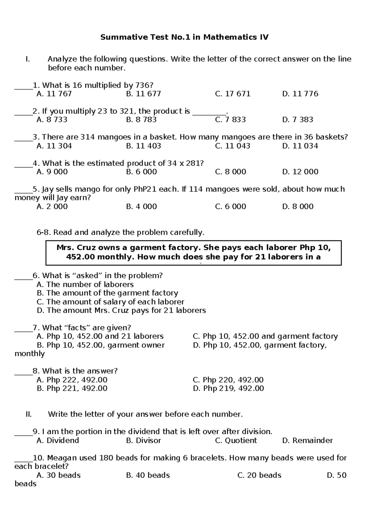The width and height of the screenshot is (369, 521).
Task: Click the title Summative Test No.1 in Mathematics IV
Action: point(184,37)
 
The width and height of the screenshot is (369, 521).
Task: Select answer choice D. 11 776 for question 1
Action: point(300,94)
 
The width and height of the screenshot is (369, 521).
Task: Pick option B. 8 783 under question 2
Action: point(141,119)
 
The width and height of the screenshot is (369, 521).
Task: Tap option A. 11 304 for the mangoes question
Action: point(54,146)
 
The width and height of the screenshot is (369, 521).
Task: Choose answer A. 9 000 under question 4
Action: point(52,172)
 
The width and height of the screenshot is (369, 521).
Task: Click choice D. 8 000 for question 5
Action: point(297,206)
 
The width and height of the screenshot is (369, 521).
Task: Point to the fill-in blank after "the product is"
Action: point(209,114)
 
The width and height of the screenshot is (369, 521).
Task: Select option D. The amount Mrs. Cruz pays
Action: point(121,311)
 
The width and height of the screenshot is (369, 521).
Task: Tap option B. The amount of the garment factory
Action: point(107,293)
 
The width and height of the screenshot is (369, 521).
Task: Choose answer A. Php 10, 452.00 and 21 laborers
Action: point(100,336)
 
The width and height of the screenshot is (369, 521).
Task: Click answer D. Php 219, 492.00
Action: point(228,389)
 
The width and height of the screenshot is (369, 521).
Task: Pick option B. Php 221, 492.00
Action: point(72,389)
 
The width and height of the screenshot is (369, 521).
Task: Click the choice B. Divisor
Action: point(143,441)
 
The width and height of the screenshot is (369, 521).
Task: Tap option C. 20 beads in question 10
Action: point(259,475)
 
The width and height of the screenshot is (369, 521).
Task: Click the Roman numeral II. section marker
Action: point(29,414)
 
